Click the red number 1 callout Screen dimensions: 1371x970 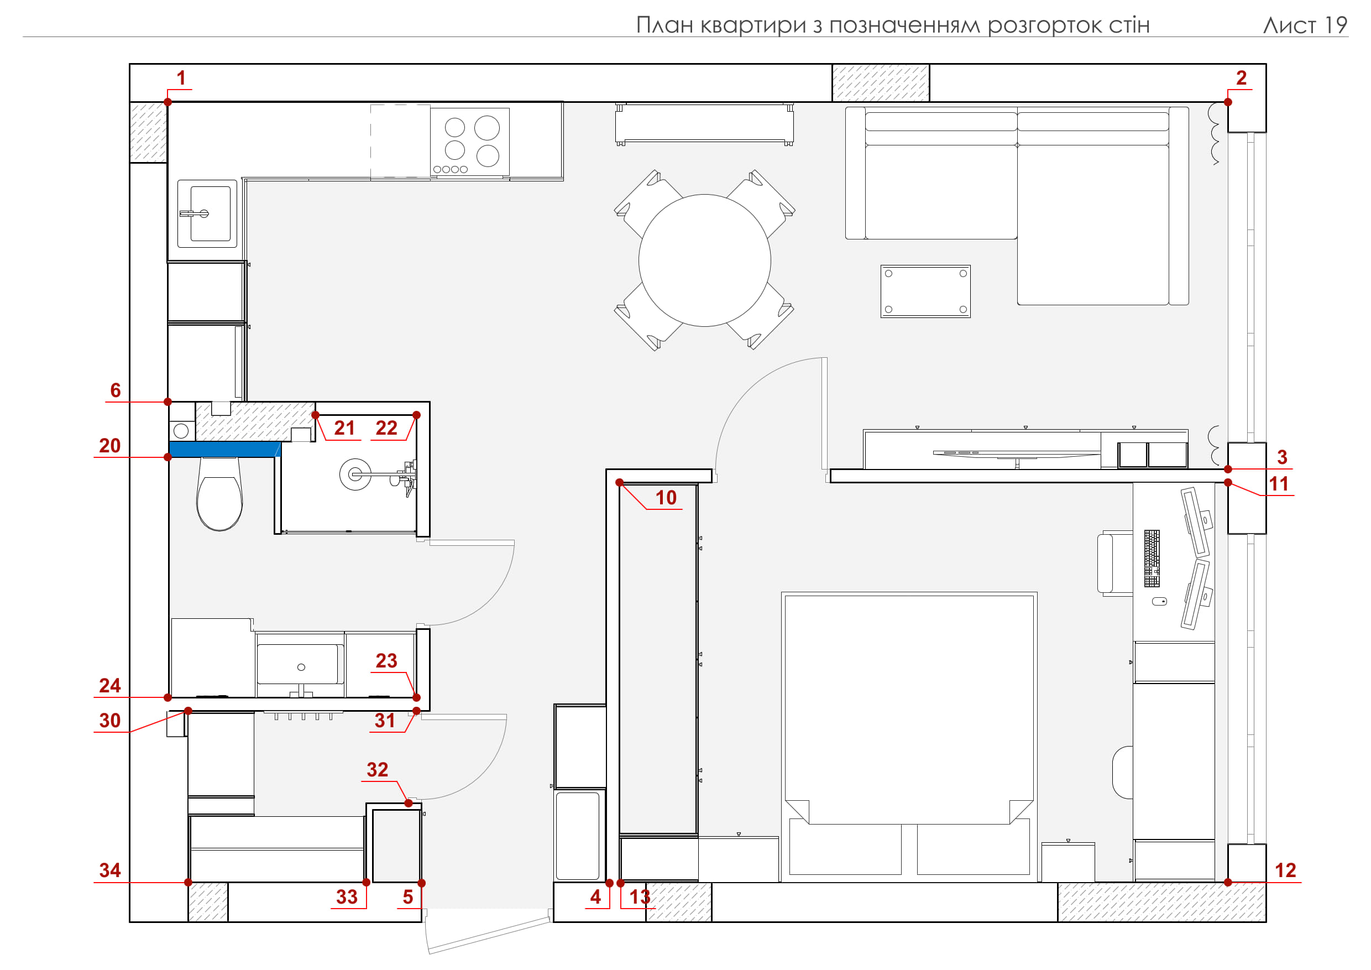point(181,77)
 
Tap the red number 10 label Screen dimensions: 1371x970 point(666,498)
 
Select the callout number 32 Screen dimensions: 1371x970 point(378,770)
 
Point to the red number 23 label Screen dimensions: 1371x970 point(386,661)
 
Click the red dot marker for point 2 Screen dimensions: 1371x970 point(1228,102)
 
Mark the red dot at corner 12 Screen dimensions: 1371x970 point(1228,882)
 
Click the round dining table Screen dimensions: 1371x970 point(705,260)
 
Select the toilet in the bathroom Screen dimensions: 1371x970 point(219,494)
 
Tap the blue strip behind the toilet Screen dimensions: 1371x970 point(224,449)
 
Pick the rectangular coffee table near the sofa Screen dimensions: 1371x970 point(925,291)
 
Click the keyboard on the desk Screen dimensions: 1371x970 point(1152,559)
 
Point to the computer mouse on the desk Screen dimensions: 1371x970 point(1159,602)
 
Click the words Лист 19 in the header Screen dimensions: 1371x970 point(1305,25)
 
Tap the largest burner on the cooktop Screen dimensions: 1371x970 point(487,127)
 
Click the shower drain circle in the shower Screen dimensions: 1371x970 point(355,474)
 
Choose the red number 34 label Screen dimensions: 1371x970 point(110,870)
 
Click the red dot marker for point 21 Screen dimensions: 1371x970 point(315,415)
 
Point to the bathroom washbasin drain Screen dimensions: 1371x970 point(301,667)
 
